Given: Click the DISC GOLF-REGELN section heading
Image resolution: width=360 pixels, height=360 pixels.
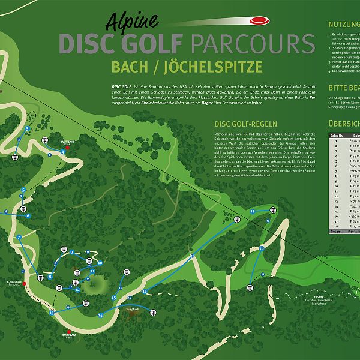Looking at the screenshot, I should point(239,124).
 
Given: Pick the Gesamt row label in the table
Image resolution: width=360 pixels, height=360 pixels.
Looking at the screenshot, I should point(336,231).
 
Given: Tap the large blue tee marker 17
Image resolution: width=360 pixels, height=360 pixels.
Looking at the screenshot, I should point(253,212).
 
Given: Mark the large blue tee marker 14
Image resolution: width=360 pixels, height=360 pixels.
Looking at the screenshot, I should point(100,315).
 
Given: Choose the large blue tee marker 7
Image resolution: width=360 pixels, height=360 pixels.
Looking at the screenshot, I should point(19,238).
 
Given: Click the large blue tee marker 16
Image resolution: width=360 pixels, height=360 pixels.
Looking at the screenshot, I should point(145,292).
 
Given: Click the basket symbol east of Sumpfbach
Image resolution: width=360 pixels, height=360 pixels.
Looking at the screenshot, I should point(153,313).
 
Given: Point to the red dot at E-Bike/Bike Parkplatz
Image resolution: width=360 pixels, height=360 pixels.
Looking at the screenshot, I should point(25,284).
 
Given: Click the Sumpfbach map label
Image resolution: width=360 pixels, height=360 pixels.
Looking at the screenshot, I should point(133,309).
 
